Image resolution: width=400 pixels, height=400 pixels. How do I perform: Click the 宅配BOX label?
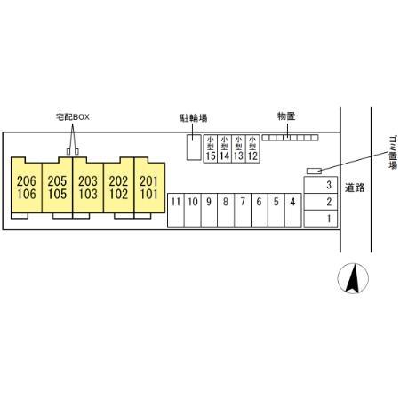pyautogui.click(x=73, y=117)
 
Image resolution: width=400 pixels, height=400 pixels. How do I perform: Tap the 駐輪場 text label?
pyautogui.click(x=194, y=118)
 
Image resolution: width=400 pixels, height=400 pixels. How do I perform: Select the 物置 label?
pyautogui.click(x=286, y=116)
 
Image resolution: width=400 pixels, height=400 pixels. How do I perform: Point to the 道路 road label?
pyautogui.click(x=355, y=188)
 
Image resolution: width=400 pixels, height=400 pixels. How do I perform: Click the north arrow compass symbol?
pyautogui.click(x=353, y=278)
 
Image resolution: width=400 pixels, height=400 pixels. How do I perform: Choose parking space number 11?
pyautogui.click(x=176, y=210)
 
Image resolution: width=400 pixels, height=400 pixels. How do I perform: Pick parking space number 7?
pyautogui.click(x=243, y=210)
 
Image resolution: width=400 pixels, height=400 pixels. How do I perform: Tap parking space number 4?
pyautogui.click(x=293, y=210)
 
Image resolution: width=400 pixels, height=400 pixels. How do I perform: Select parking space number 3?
pyautogui.click(x=321, y=185)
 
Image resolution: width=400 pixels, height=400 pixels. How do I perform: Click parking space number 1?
pyautogui.click(x=321, y=219)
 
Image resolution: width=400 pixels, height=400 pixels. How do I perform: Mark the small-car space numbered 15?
pyautogui.click(x=211, y=148)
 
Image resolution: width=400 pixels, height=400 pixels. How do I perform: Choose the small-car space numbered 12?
pyautogui.click(x=252, y=148)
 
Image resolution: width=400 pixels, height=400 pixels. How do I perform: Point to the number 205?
pyautogui.click(x=57, y=181)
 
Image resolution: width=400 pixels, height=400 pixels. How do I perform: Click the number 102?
pyautogui.click(x=118, y=194)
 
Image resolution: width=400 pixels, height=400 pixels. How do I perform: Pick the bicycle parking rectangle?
pyautogui.click(x=194, y=148)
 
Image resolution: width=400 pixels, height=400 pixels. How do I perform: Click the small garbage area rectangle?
pyautogui.click(x=314, y=171)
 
